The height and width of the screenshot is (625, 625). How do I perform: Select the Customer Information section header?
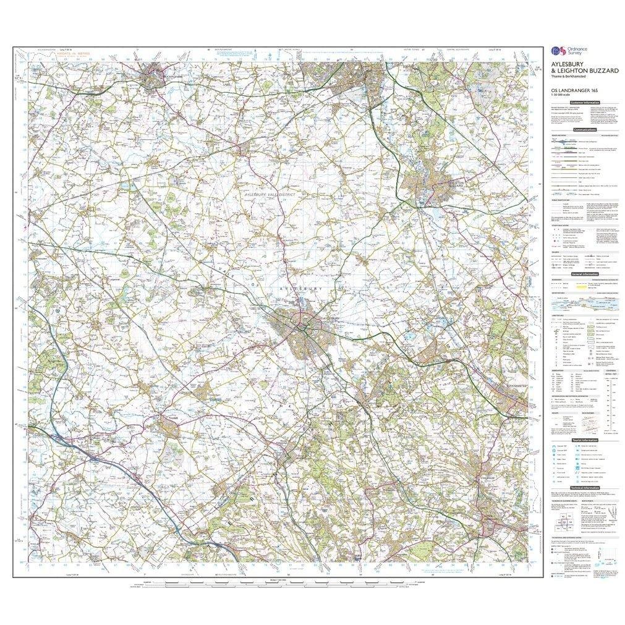pos(585,102)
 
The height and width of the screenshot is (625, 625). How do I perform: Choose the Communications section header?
pos(585,130)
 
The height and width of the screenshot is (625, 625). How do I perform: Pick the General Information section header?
pos(585,273)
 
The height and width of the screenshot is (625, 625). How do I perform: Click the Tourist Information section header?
pos(585,440)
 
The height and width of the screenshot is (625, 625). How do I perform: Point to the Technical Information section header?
pos(585,488)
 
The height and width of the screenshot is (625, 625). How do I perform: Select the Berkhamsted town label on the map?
pos(516,385)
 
